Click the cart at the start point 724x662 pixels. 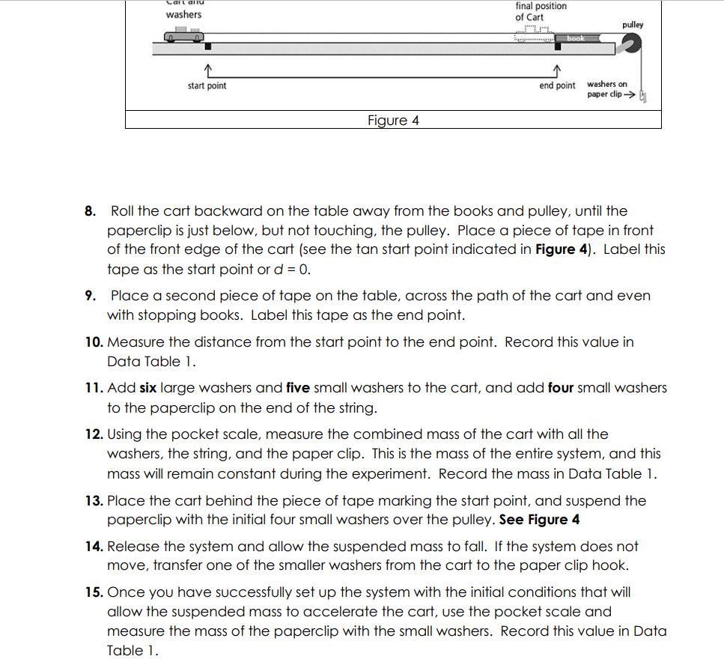(183, 37)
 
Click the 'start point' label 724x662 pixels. (207, 86)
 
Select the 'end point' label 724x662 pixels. (557, 86)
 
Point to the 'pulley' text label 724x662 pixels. (633, 25)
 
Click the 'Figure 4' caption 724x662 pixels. (393, 121)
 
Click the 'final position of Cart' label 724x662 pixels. (541, 11)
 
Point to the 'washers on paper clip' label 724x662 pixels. (607, 89)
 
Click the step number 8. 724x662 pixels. (90, 211)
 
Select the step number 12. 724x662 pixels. (94, 434)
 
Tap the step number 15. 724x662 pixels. (94, 592)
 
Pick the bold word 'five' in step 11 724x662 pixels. (298, 388)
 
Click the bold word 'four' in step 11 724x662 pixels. (561, 388)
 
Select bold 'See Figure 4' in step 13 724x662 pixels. (539, 520)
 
